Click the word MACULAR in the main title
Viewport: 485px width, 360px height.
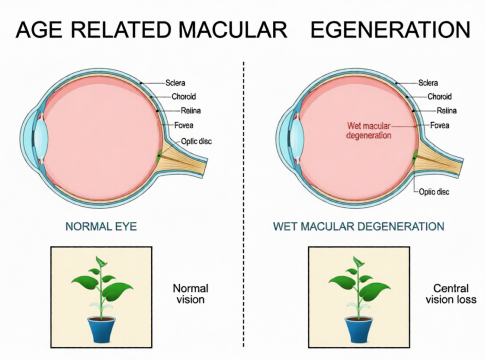(x=233, y=29)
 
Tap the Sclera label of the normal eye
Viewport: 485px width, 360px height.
(x=175, y=83)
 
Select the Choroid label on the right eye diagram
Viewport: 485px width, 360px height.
(x=440, y=97)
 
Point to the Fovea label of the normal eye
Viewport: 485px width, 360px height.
(x=184, y=125)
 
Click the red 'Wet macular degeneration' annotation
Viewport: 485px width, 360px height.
(x=369, y=130)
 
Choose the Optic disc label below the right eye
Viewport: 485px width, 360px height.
(x=434, y=192)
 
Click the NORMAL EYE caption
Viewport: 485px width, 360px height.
(x=101, y=226)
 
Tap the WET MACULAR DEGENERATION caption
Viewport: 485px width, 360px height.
(x=359, y=226)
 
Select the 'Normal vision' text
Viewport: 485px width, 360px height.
(x=190, y=294)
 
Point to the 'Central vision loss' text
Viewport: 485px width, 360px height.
(x=451, y=294)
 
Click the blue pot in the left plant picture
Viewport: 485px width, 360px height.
(x=102, y=330)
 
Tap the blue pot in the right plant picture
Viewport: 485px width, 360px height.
(x=359, y=330)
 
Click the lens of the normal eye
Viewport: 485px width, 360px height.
(x=41, y=137)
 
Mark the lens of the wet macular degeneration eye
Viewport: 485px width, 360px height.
(x=298, y=137)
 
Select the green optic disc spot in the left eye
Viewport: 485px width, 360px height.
(x=159, y=157)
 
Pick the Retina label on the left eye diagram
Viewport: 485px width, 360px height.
(x=191, y=111)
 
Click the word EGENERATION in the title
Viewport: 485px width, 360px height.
(x=390, y=29)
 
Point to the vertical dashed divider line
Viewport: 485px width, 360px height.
(x=244, y=204)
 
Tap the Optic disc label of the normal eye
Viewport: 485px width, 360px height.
(x=196, y=141)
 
